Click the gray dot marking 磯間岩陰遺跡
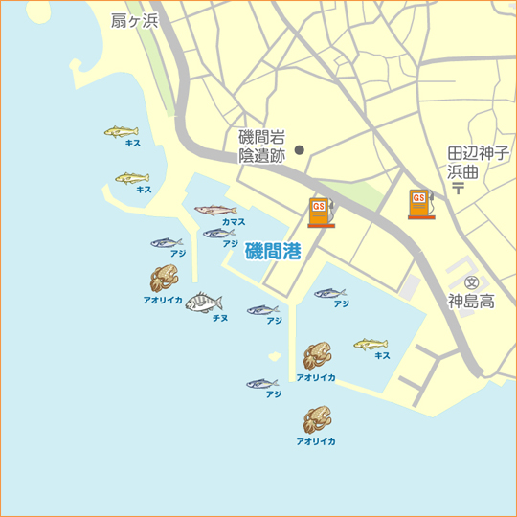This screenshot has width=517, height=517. (x=299, y=149)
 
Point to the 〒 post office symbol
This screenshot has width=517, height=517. (x=459, y=188)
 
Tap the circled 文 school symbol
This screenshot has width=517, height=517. (x=472, y=282)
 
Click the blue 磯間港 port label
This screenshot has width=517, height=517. (x=273, y=252)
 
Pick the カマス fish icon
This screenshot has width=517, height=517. (x=215, y=210)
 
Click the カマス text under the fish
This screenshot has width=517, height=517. (x=233, y=222)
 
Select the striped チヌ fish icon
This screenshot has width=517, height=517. (x=204, y=303)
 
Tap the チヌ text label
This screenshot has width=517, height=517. (x=219, y=317)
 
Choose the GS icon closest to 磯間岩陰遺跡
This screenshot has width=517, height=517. (x=321, y=212)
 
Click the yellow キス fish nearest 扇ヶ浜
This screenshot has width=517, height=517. (x=122, y=131)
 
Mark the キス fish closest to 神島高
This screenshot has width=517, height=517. (x=371, y=344)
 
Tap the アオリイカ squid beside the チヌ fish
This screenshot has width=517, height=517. (x=164, y=279)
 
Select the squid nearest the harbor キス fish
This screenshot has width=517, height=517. (x=316, y=356)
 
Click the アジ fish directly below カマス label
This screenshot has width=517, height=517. (x=218, y=233)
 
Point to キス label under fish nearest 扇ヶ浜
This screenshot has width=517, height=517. (x=134, y=144)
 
